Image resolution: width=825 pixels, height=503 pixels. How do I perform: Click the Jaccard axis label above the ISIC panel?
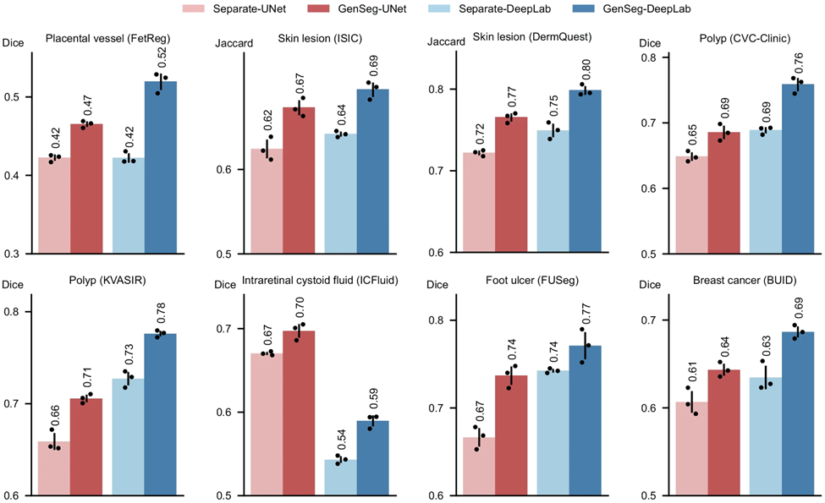pos(231,41)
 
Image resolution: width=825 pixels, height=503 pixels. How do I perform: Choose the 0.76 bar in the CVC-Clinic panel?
pos(798,169)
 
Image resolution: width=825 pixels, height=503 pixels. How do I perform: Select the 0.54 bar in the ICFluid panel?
pos(339,477)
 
